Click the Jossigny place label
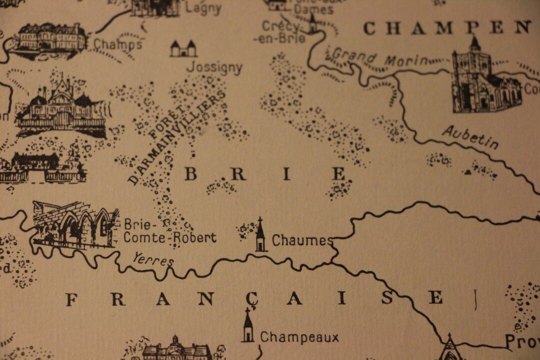(214, 67)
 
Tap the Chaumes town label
(302, 241)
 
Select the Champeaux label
(299, 337)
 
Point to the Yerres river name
(153, 259)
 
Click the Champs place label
(117, 44)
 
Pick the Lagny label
(203, 8)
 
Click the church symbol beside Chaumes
(260, 235)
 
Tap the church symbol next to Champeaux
(247, 326)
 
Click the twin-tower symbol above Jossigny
(183, 48)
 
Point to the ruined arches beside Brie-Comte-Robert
(75, 225)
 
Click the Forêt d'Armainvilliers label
(177, 137)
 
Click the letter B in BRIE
(190, 174)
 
